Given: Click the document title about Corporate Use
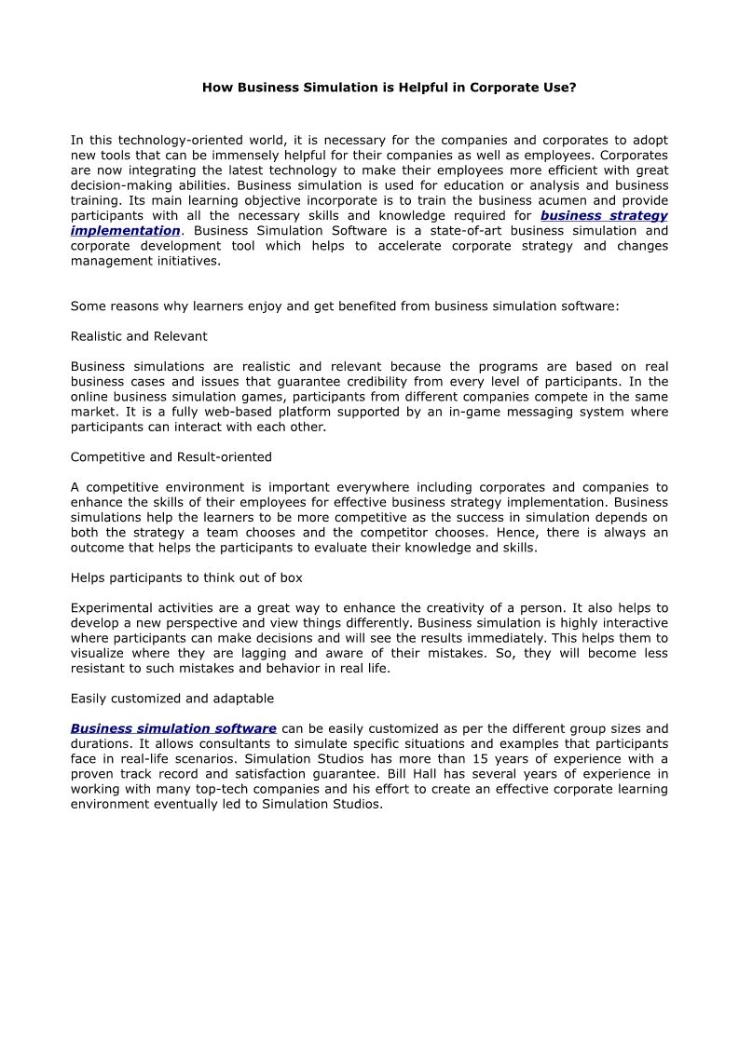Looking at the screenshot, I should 390,87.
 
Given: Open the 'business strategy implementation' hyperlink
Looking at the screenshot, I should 604,216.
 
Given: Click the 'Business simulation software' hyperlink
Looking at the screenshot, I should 173,728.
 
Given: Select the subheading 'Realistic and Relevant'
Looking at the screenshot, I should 139,335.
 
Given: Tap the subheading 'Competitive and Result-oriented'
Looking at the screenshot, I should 171,456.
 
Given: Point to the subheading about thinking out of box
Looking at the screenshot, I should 186,577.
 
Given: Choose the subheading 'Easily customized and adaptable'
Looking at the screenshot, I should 172,698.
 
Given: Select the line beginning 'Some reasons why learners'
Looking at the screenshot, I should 345,305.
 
